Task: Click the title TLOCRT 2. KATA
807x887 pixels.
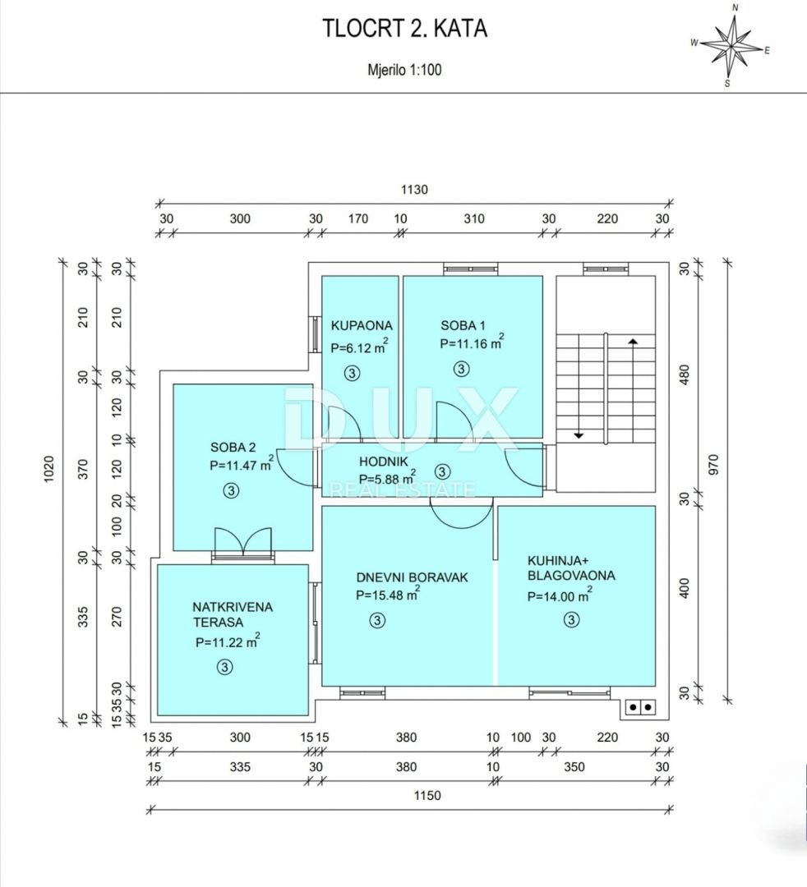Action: click(x=404, y=29)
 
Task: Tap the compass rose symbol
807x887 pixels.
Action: click(x=731, y=47)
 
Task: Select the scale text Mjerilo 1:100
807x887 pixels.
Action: click(x=404, y=70)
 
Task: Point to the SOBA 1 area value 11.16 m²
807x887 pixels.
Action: click(x=472, y=344)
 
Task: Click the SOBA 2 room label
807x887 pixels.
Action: click(x=233, y=448)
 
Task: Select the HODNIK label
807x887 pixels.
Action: click(x=384, y=461)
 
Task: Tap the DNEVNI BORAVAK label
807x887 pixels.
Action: click(x=412, y=577)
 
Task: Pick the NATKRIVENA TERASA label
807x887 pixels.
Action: click(x=233, y=614)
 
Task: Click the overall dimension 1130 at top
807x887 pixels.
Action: click(x=414, y=189)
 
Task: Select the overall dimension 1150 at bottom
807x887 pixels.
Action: click(x=427, y=795)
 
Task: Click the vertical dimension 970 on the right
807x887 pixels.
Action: click(x=713, y=464)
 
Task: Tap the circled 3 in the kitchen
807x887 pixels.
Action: click(x=571, y=620)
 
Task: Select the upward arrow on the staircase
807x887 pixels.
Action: click(x=632, y=341)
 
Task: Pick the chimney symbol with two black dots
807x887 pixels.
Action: click(x=639, y=705)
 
